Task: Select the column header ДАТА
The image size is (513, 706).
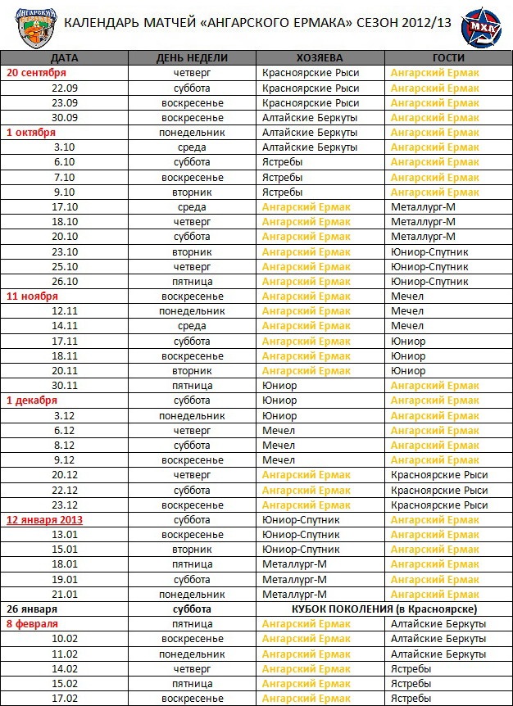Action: (64, 58)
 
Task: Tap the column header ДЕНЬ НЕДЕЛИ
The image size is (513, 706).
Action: (193, 58)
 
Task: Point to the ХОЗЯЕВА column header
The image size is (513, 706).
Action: (320, 58)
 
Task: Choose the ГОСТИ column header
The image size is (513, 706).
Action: (447, 58)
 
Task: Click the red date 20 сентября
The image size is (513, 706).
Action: (39, 73)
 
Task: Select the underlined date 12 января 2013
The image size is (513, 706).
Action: (44, 520)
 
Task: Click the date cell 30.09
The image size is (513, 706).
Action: (64, 117)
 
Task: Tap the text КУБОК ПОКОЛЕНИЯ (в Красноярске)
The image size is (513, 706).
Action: (384, 609)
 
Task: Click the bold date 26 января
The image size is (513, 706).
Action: (32, 609)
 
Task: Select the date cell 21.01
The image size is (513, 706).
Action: (64, 594)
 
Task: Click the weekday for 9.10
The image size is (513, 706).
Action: (193, 192)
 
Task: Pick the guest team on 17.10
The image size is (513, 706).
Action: (423, 207)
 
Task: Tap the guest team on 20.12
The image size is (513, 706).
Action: (439, 475)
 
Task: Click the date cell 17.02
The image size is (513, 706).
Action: (64, 699)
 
